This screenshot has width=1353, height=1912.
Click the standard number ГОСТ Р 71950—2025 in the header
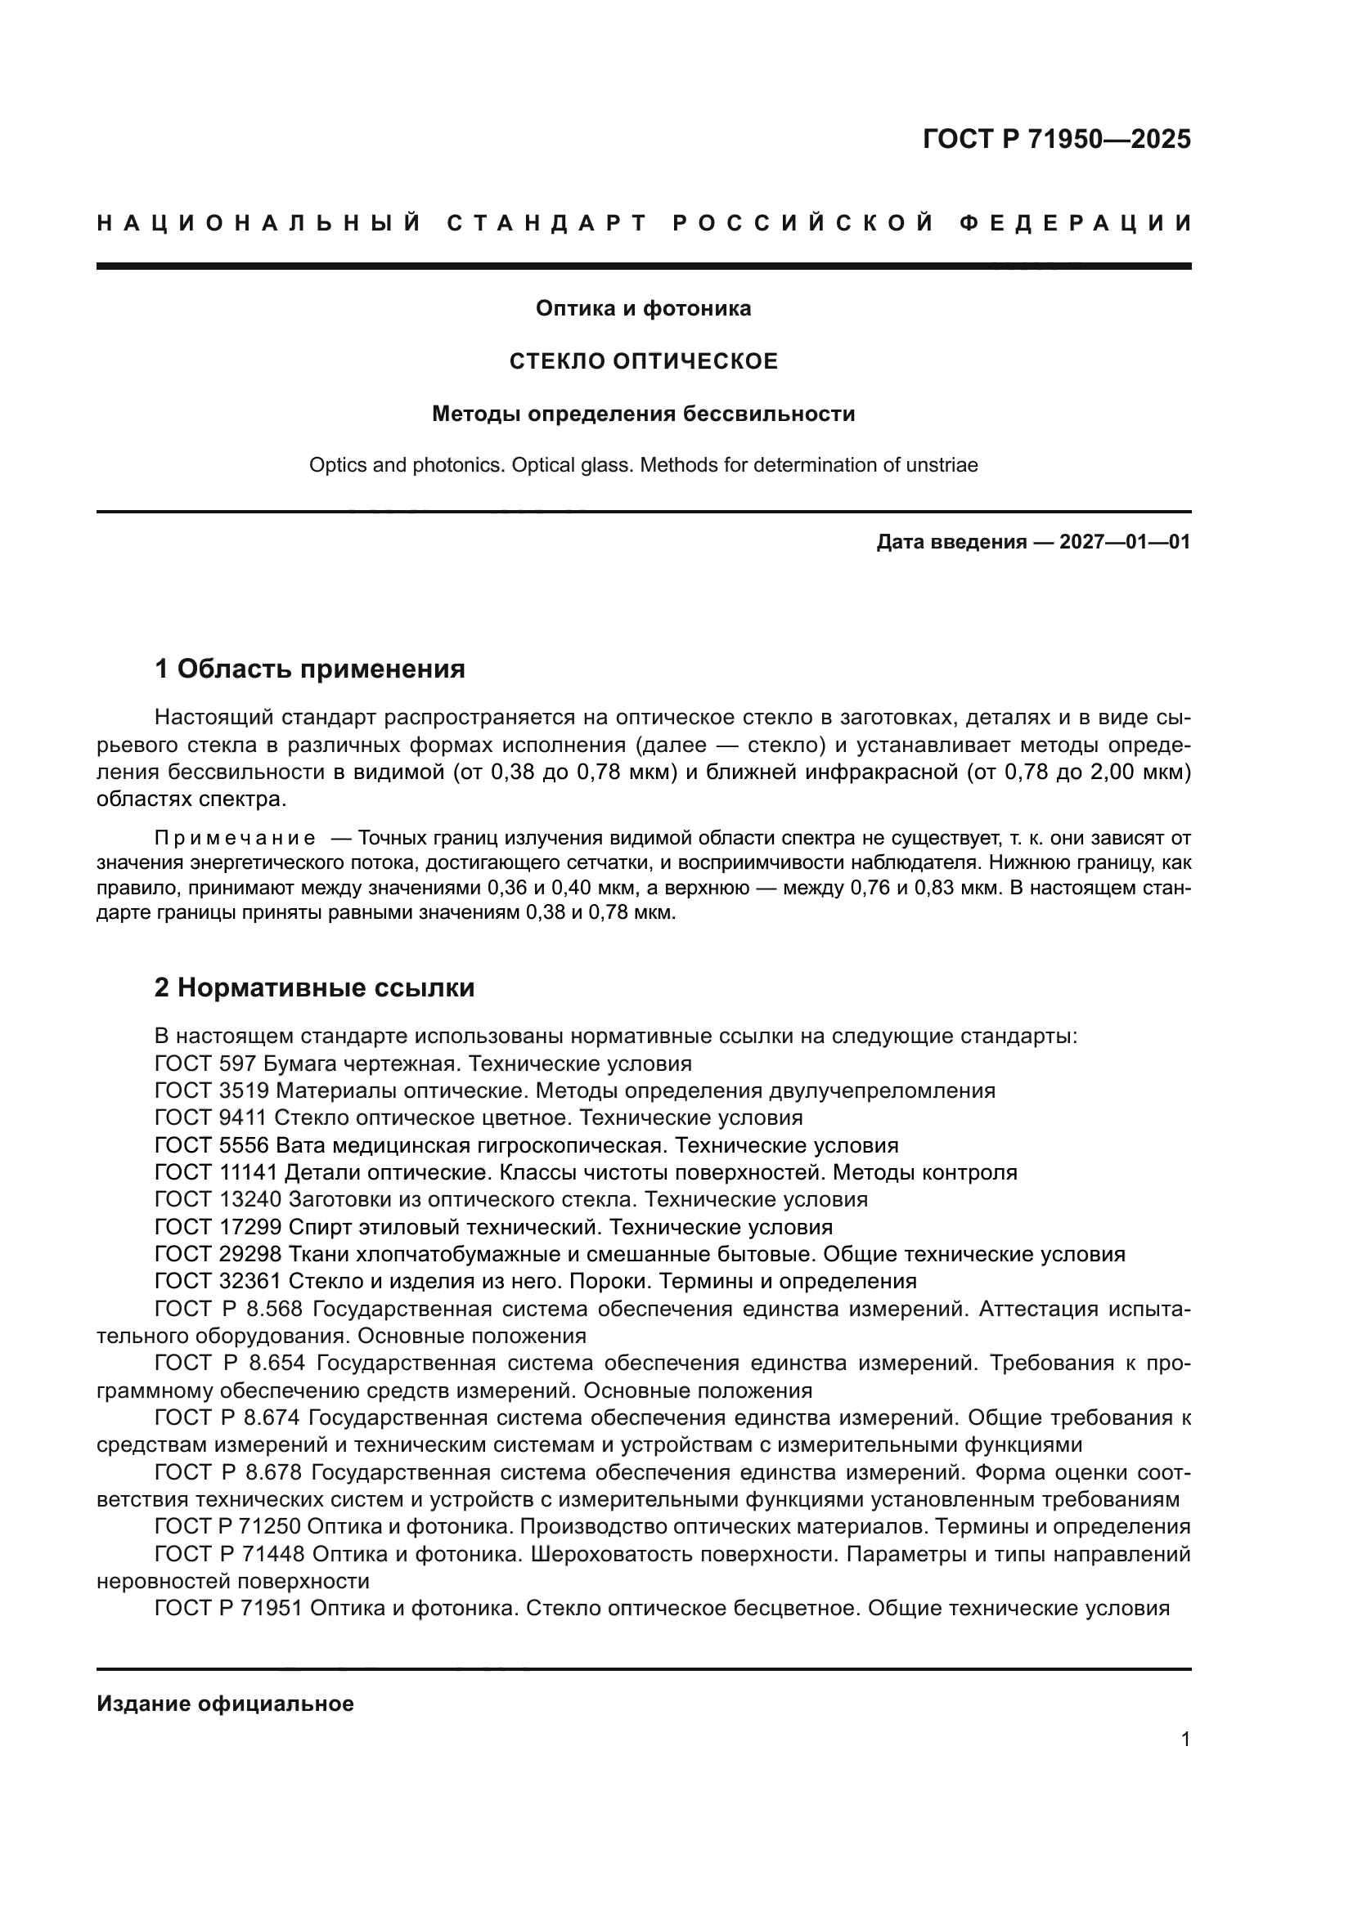[x=1056, y=139]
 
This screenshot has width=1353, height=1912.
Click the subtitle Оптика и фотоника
[x=643, y=309]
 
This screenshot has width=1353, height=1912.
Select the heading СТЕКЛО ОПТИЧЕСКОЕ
[x=643, y=361]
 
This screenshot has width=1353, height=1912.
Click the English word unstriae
[x=942, y=464]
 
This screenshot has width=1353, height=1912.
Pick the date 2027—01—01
[x=1125, y=543]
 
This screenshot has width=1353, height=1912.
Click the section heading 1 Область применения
[x=310, y=668]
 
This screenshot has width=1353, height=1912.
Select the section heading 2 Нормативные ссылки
[x=315, y=987]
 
